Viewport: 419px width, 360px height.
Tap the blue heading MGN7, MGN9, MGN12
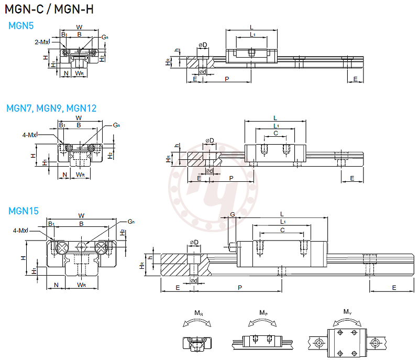click(x=51, y=108)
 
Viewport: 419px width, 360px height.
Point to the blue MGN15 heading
click(x=24, y=211)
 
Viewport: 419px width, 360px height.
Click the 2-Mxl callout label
click(x=42, y=41)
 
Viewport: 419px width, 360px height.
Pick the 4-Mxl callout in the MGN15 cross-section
click(x=21, y=230)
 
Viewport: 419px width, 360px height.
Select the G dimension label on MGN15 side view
click(x=232, y=215)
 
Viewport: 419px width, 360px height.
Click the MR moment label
click(x=199, y=313)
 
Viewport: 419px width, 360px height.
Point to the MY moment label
click(x=347, y=312)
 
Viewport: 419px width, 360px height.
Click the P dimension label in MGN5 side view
click(x=226, y=79)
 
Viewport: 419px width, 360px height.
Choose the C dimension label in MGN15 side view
click(x=282, y=230)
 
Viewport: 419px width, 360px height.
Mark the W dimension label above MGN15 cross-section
click(x=81, y=215)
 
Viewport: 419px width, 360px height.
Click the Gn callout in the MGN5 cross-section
click(x=105, y=37)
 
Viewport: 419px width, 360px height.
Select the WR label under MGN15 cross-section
click(x=81, y=285)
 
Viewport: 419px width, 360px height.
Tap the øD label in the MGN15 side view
click(x=194, y=242)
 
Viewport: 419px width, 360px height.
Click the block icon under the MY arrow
click(x=347, y=343)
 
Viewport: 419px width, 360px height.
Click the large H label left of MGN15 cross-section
click(x=23, y=258)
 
